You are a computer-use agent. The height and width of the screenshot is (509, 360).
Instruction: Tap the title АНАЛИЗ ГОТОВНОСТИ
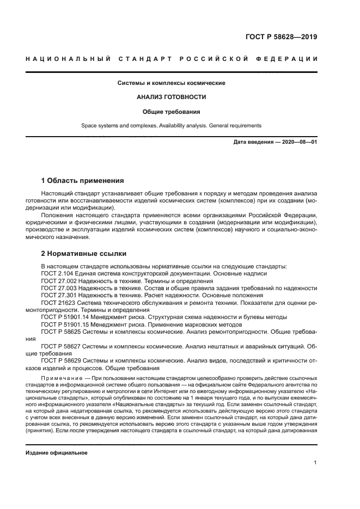point(172,97)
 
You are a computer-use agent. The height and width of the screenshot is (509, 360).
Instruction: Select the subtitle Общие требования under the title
point(172,112)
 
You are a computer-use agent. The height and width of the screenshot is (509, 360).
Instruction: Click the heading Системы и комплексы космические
point(172,83)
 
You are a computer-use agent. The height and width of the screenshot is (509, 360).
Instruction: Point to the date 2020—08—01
point(298,142)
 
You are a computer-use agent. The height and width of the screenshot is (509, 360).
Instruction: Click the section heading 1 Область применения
point(83,180)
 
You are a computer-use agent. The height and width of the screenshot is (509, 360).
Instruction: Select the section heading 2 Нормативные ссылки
point(84,253)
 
